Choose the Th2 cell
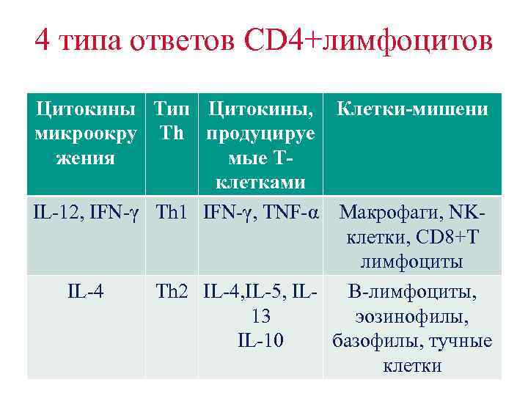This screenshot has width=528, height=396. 173,293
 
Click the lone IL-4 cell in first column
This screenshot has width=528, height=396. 85,293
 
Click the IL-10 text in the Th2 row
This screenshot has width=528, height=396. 260,340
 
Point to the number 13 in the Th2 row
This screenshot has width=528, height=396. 260,317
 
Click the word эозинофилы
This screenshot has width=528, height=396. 411,317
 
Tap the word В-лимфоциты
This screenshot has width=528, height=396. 411,293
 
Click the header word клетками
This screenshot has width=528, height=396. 260,181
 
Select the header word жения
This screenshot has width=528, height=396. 85,158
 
